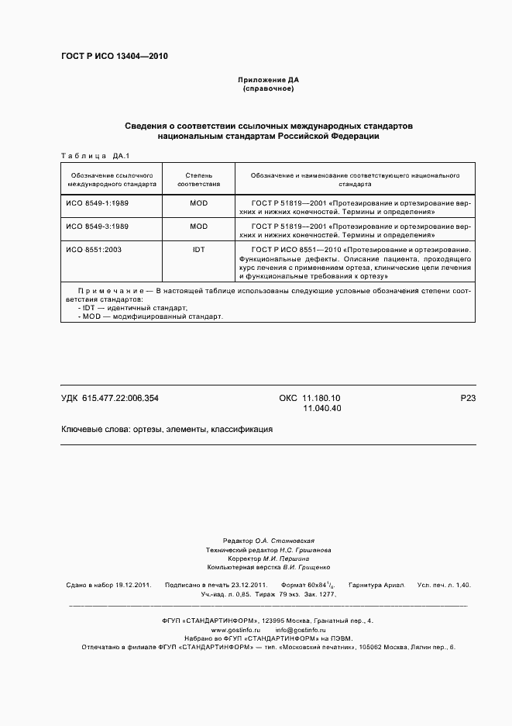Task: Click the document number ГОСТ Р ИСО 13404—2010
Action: tap(114, 57)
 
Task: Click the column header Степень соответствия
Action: tap(199, 180)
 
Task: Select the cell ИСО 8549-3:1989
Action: tap(97, 226)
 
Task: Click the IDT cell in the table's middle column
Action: tap(199, 249)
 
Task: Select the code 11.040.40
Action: tap(321, 408)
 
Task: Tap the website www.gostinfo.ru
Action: tap(235, 630)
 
